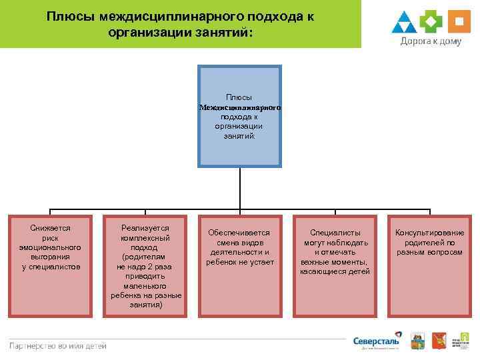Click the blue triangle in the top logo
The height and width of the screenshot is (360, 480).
tap(404, 23)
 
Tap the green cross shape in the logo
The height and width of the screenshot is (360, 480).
tap(432, 21)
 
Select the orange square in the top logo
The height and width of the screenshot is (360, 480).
tap(458, 21)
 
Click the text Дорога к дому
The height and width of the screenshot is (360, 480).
tap(431, 41)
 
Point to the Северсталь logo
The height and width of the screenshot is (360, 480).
tap(377, 341)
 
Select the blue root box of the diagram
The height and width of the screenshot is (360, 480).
tap(239, 115)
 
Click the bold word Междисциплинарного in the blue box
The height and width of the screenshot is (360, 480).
tap(239, 107)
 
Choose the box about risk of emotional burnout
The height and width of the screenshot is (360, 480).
tap(50, 265)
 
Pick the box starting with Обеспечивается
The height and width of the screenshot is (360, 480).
tap(239, 265)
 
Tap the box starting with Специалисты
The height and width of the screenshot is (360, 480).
tap(335, 265)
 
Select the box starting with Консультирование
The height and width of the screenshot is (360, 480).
tap(429, 265)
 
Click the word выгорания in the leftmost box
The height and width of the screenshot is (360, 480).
tap(50, 257)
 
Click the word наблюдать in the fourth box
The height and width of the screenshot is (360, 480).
tap(346, 243)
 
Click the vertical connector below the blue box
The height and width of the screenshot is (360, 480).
tap(239, 187)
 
